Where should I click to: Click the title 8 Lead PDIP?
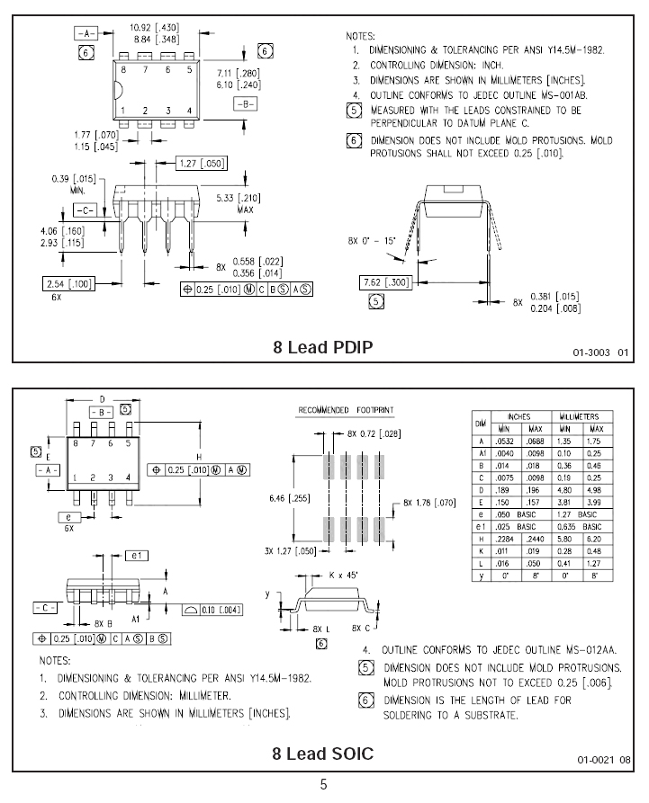(323, 347)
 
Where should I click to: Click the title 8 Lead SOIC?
(323, 754)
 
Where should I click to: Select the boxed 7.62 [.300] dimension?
(386, 282)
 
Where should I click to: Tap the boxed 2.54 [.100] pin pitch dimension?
(68, 284)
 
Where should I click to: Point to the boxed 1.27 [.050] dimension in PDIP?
(202, 164)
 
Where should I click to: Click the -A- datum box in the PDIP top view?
(86, 34)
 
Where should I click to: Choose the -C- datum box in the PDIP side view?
(85, 210)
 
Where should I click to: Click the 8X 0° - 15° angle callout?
(371, 241)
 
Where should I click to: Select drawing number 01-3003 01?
(600, 352)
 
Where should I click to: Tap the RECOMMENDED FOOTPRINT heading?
(346, 410)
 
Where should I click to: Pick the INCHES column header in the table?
(519, 417)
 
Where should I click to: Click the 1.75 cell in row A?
(595, 441)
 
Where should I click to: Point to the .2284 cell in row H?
(504, 539)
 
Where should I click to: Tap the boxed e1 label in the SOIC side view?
(137, 556)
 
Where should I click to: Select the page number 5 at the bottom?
(323, 784)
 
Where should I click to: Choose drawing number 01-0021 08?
(604, 760)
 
